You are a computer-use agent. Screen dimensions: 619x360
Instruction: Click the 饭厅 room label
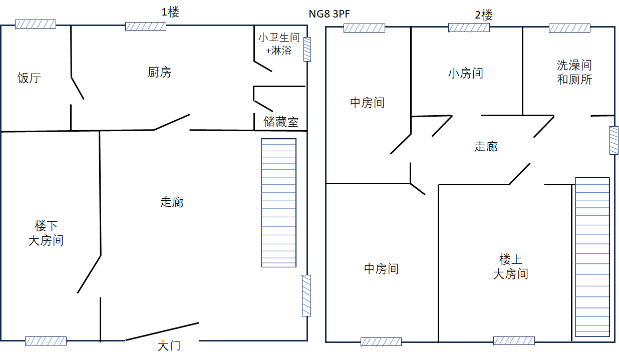[29, 78]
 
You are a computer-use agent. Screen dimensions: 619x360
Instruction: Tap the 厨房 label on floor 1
[159, 73]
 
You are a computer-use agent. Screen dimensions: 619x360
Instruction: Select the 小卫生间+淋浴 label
[278, 44]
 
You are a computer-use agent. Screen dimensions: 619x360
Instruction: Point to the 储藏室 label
[281, 122]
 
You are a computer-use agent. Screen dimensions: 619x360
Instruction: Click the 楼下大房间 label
[46, 233]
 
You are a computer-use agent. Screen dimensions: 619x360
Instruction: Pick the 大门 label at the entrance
[169, 346]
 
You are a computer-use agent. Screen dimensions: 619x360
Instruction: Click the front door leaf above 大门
[162, 331]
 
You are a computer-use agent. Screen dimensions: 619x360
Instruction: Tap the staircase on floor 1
[278, 203]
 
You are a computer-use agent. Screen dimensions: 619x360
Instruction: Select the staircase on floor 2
[592, 257]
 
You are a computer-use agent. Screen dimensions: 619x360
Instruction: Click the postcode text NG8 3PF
[329, 14]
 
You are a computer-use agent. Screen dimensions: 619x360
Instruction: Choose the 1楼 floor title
[170, 12]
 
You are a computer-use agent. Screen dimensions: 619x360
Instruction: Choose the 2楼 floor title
[484, 15]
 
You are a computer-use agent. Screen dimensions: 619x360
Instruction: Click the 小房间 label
[466, 74]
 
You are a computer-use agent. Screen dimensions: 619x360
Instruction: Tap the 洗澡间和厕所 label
[574, 73]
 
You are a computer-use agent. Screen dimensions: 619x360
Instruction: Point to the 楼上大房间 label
[511, 267]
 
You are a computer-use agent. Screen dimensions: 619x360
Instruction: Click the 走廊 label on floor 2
[486, 146]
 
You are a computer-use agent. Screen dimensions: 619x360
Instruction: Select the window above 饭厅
[36, 24]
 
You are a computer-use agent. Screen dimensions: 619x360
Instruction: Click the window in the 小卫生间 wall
[307, 49]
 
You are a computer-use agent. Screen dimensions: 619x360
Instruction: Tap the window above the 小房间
[469, 28]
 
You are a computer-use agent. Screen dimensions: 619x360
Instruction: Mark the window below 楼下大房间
[46, 341]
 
